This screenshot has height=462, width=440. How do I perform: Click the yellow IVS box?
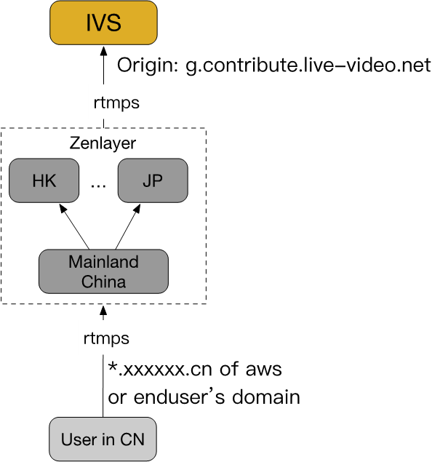pyautogui.click(x=103, y=23)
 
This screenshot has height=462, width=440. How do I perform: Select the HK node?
pyautogui.click(x=44, y=180)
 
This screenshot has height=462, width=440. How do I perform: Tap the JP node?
pyautogui.click(x=153, y=180)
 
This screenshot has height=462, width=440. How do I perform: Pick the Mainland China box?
pyautogui.click(x=103, y=271)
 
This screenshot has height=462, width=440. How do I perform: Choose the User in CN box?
pyautogui.click(x=103, y=439)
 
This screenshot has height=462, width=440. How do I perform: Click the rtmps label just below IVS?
pyautogui.click(x=116, y=103)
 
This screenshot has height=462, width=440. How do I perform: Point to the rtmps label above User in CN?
pyautogui.click(x=106, y=338)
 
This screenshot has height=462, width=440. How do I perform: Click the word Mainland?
pyautogui.click(x=103, y=262)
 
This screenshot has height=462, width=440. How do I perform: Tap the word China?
pyautogui.click(x=103, y=282)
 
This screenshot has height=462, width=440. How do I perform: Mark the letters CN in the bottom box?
pyautogui.click(x=132, y=439)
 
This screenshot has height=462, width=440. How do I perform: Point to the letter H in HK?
pyautogui.click(x=38, y=180)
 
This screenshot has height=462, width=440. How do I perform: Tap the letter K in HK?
pyautogui.click(x=50, y=180)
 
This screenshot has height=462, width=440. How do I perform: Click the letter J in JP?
pyautogui.click(x=147, y=180)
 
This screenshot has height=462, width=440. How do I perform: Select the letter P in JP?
pyautogui.click(x=158, y=180)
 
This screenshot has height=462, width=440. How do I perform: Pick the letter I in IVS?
pyautogui.click(x=88, y=23)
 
